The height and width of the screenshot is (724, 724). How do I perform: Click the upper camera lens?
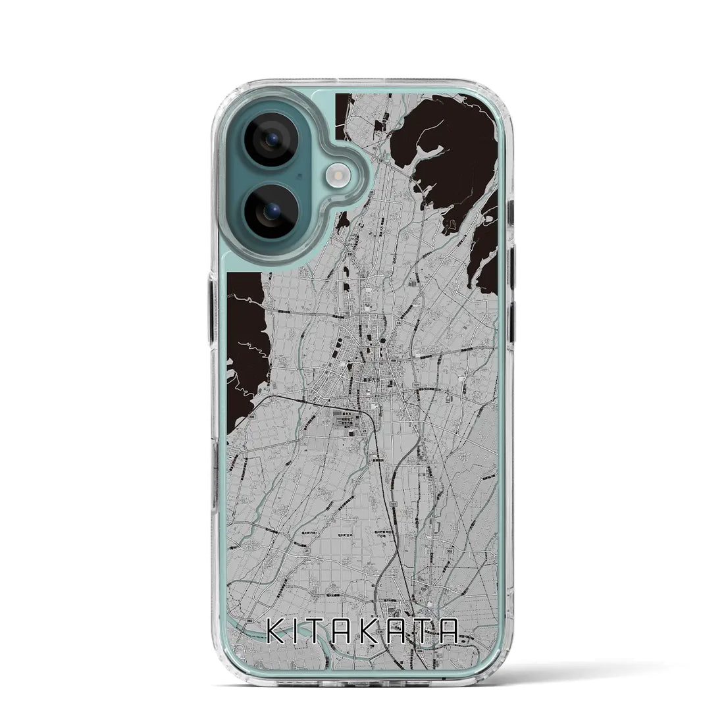[272, 141]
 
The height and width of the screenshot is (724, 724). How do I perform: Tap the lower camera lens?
[272, 210]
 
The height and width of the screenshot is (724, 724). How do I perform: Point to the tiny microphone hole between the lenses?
[300, 176]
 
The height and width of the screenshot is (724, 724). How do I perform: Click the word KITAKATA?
[362, 634]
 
